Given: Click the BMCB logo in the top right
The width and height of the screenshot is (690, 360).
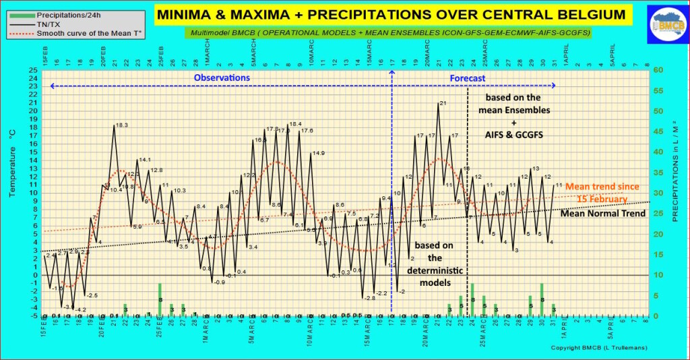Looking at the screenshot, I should [665, 26].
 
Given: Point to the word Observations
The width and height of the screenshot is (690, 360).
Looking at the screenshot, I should [222, 78].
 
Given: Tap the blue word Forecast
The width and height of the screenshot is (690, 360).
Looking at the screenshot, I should [468, 78].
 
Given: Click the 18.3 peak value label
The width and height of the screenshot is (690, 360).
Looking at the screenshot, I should [122, 125].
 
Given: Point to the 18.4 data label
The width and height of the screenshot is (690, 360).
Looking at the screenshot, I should [295, 125].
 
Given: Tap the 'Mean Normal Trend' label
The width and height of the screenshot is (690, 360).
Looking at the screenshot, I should [602, 213].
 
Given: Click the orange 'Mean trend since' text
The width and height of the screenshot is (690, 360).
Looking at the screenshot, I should [602, 187].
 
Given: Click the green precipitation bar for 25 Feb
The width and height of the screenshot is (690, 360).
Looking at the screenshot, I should [160, 299].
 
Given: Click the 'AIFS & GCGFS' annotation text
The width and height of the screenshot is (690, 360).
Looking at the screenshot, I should [513, 136].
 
